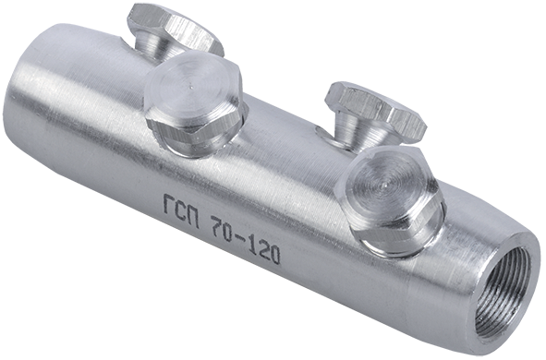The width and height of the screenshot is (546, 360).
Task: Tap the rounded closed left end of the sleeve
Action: [x=23, y=120]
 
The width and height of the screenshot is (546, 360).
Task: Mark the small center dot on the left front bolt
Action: [x=191, y=83]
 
